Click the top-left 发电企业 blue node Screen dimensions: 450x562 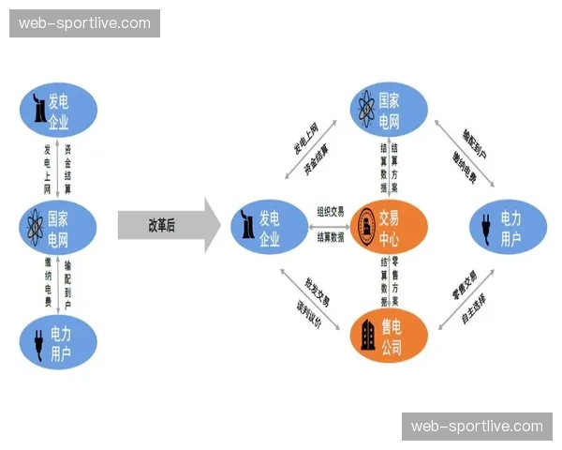(58, 110)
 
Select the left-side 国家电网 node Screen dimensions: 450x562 (58, 222)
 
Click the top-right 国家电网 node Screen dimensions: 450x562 (389, 110)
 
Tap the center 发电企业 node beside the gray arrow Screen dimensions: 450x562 (270, 226)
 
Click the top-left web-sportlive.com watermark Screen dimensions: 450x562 (85, 23)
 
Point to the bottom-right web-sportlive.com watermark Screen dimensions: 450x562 (477, 427)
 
